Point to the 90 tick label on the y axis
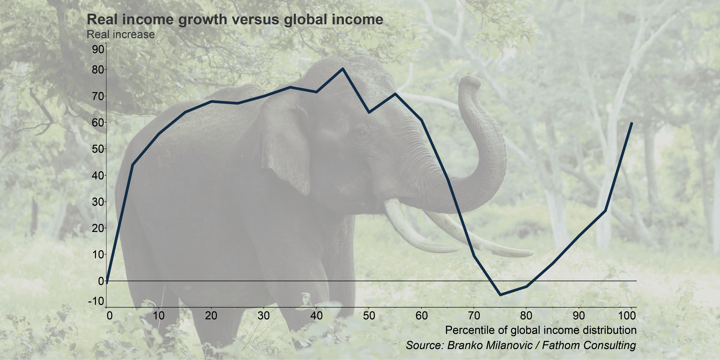[98, 50]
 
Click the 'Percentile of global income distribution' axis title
[541, 330]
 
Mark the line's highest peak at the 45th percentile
[343, 69]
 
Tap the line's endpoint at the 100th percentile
[631, 123]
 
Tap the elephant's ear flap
[285, 148]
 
